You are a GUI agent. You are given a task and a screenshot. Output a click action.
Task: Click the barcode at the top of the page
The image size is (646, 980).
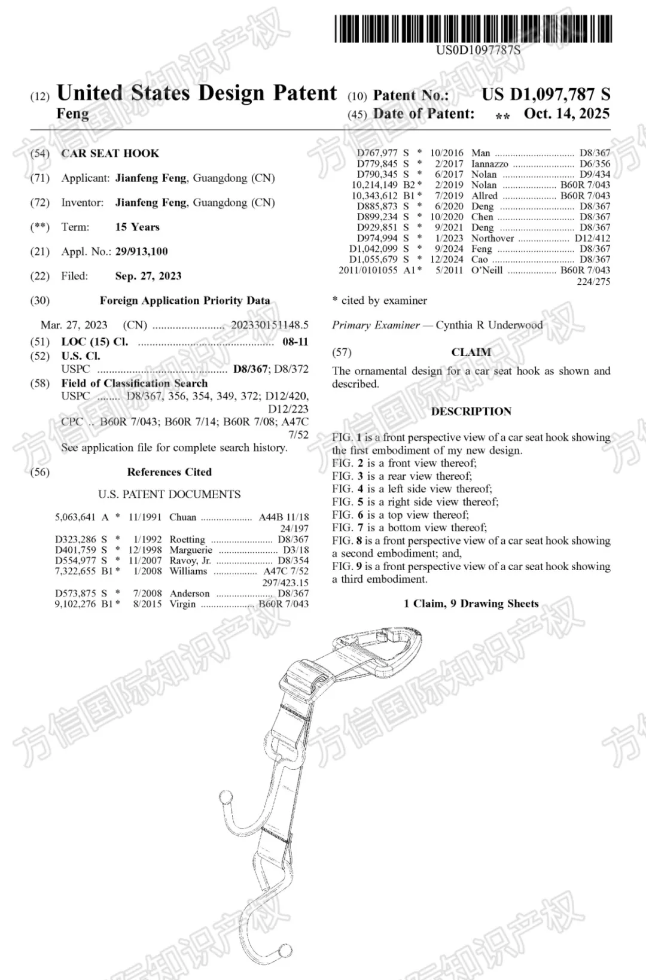[473, 28]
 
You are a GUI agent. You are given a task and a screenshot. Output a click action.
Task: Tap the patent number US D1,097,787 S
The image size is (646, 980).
[546, 95]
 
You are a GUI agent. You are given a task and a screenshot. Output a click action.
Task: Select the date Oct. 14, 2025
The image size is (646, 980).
[566, 114]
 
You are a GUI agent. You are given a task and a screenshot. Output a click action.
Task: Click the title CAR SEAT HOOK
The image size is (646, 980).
[110, 153]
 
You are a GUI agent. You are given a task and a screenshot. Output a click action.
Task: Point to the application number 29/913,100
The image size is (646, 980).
[141, 251]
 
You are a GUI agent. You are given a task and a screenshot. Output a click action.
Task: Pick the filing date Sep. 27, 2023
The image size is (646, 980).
[148, 276]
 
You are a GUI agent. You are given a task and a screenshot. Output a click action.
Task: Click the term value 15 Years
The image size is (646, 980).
[137, 227]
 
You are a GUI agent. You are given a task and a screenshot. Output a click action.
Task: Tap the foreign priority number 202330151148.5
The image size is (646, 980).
[269, 325]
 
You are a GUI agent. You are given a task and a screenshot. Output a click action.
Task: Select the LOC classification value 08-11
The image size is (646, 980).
[295, 342]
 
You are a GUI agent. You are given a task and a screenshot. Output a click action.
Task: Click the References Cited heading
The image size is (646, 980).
[169, 472]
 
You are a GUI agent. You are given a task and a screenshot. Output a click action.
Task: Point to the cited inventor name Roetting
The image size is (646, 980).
[187, 539]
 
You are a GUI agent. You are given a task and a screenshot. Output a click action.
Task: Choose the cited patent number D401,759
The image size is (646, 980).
[75, 550]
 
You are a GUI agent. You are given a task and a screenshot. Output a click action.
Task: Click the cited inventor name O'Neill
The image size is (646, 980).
[487, 270]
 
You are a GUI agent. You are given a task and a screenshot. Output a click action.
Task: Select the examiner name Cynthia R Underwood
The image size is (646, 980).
[489, 325]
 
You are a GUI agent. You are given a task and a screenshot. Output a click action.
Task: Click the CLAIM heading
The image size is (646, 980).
[471, 352]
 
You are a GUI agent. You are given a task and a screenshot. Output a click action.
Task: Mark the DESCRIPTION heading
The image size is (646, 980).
[471, 412]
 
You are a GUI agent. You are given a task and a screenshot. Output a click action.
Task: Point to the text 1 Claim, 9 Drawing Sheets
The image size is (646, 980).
[471, 604]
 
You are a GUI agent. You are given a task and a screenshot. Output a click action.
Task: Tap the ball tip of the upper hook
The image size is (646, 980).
[227, 798]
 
